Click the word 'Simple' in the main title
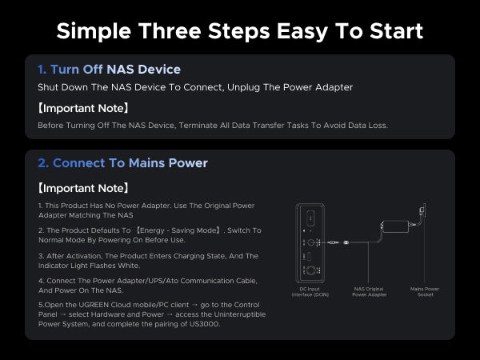point(94,31)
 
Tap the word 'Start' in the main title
point(397,31)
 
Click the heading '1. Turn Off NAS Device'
point(109,69)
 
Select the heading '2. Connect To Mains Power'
point(122,163)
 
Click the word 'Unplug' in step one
point(244,87)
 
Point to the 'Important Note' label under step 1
point(82,108)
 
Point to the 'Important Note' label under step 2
point(82,188)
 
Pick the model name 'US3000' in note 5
point(205,324)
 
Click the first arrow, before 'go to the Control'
point(194,306)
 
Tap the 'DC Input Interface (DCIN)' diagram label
point(310,292)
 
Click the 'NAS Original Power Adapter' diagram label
point(369,292)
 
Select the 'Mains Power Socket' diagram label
point(425,292)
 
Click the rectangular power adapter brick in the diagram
point(395,226)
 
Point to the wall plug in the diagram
point(422,210)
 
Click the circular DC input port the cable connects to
point(311,242)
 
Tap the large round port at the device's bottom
point(311,270)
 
